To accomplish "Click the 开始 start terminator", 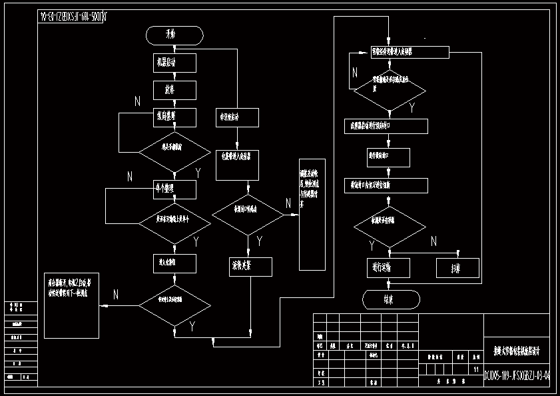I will point(174,35).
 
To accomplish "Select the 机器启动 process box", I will point(174,63).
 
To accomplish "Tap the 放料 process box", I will point(174,89).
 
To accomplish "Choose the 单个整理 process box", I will point(174,189).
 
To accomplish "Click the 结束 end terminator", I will point(392,299).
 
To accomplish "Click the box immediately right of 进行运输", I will point(457,267).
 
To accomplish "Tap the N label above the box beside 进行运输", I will point(433,241).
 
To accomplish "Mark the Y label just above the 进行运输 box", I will point(372,246).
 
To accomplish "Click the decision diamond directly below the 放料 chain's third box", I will point(175,151).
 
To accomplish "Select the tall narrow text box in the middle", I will point(312,214).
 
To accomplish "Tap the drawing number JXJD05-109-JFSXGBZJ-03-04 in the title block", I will point(517,376).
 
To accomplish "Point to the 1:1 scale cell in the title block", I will point(475,369).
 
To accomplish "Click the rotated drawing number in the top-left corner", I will point(73,17).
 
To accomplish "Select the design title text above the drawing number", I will point(517,349).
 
